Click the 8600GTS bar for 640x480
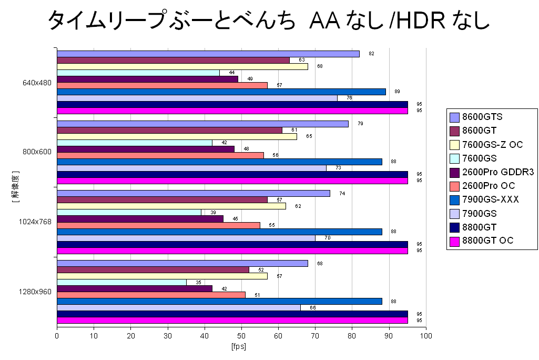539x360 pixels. click(x=208, y=54)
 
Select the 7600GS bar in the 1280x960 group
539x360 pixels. click(x=121, y=282)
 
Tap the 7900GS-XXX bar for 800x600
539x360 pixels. click(x=219, y=162)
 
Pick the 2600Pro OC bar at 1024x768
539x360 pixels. click(x=158, y=225)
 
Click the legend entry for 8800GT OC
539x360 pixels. click(x=487, y=241)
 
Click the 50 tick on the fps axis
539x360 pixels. click(x=241, y=335)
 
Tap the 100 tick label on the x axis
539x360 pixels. click(x=426, y=335)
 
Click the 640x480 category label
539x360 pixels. click(x=37, y=83)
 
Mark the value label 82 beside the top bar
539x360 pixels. click(x=371, y=54)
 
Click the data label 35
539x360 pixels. click(x=198, y=283)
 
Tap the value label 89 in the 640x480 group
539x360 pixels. click(x=398, y=92)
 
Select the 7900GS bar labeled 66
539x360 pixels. click(x=179, y=307)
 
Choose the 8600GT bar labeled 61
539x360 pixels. click(x=169, y=130)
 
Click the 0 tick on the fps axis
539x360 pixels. click(x=57, y=335)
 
